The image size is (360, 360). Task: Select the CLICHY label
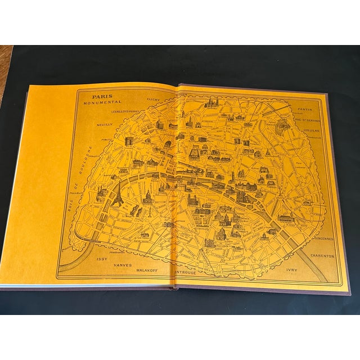click(153, 99)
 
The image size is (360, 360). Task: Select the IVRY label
click(291, 270)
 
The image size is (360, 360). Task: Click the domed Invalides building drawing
click(148, 197)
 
